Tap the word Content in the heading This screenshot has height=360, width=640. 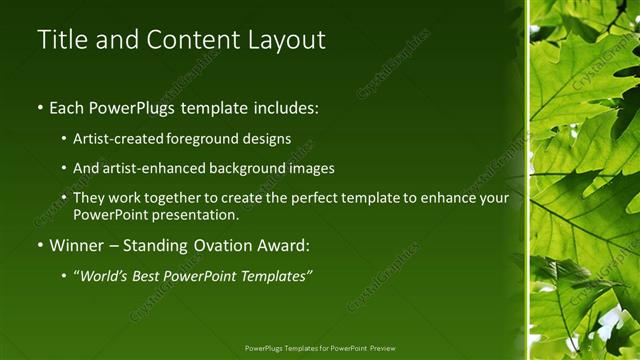pyautogui.click(x=190, y=40)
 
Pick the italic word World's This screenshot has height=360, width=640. pyautogui.click(x=106, y=276)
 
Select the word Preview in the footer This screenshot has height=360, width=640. pyautogui.click(x=379, y=348)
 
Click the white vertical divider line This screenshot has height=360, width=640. pyautogui.click(x=527, y=180)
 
